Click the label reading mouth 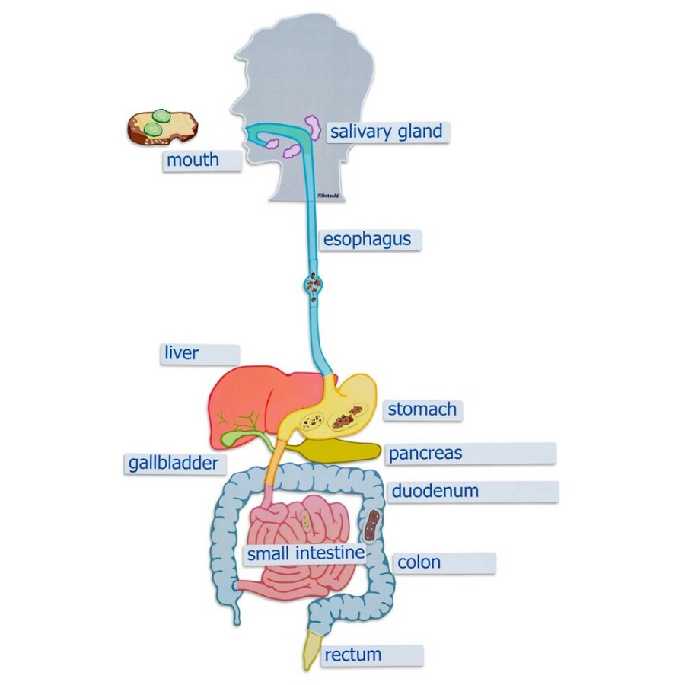193,160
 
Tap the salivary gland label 386,132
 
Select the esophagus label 367,240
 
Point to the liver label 181,353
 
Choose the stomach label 422,409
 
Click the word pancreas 425,454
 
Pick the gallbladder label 174,463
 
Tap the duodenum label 435,491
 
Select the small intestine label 306,553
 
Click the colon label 419,562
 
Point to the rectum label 353,655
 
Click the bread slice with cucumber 163,127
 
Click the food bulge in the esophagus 314,287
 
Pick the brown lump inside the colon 371,526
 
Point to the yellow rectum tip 311,651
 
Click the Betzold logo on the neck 328,196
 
